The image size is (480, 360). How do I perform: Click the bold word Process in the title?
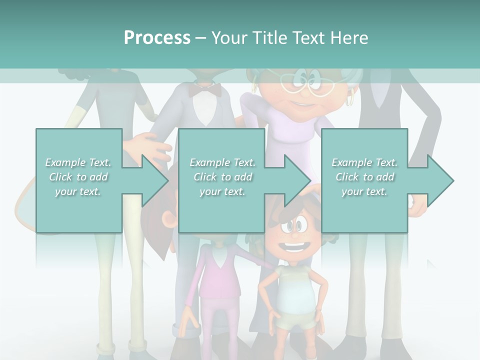pos(157,37)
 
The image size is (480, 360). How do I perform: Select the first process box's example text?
pos(78,176)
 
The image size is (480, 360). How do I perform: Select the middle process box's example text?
pos(222,176)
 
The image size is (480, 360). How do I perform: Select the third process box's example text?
pos(364,176)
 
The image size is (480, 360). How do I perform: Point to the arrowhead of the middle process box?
pos(297,180)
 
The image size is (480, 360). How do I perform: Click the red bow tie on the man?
pos(205,90)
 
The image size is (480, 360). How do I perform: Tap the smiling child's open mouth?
pos(295,246)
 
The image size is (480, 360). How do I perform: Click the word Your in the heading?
pos(229,37)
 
